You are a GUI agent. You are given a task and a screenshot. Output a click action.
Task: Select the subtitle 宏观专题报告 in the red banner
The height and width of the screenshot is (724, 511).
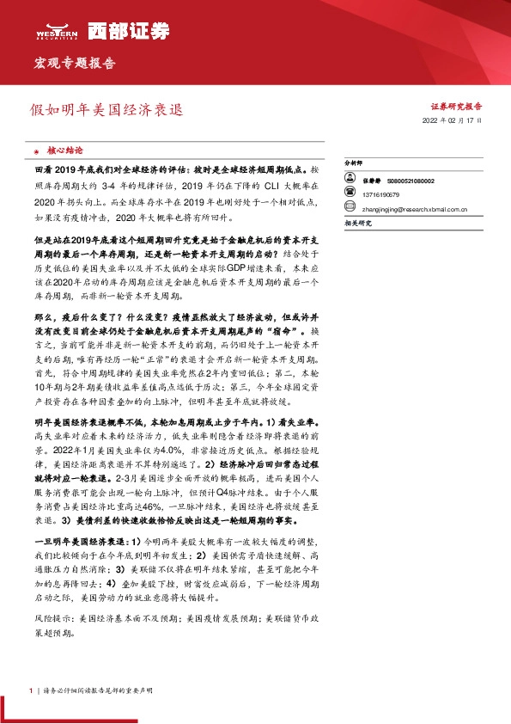click(74, 63)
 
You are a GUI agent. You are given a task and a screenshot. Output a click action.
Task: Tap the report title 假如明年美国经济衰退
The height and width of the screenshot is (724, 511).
click(106, 111)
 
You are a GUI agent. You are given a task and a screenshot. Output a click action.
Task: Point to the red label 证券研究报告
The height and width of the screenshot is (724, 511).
click(456, 107)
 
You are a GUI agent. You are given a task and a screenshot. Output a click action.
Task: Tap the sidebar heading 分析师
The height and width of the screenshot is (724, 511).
click(354, 162)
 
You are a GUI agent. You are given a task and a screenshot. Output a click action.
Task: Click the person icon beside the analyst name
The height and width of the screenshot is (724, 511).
click(350, 181)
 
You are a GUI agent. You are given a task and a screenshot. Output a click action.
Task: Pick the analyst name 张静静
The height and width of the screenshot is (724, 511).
click(371, 181)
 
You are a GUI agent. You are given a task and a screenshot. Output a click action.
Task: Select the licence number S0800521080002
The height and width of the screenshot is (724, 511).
click(411, 181)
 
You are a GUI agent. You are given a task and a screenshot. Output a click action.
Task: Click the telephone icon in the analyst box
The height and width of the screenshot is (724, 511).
click(350, 194)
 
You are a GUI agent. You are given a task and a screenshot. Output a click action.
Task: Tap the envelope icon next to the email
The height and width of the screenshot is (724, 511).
click(350, 207)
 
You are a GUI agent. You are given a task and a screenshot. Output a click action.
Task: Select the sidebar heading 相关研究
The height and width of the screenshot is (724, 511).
click(356, 222)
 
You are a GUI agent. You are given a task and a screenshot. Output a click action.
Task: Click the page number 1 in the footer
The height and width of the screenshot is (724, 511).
click(30, 690)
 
